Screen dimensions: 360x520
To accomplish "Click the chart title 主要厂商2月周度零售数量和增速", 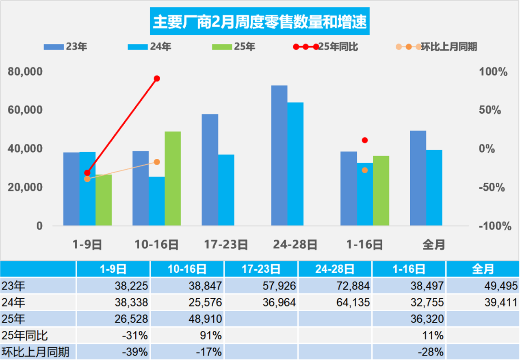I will click(x=260, y=21).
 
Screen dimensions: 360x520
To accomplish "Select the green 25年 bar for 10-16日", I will click(x=173, y=179).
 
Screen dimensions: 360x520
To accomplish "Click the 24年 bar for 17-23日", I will click(x=226, y=190).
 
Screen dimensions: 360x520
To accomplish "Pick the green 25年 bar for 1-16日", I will click(x=381, y=191).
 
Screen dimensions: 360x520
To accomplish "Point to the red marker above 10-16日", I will click(x=157, y=78).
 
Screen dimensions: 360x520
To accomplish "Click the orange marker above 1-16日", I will click(x=365, y=170).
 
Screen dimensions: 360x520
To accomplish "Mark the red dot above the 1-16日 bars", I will click(x=365, y=140).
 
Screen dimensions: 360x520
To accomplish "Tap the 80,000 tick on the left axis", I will click(x=25, y=72).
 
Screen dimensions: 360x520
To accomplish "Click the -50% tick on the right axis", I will click(x=494, y=188).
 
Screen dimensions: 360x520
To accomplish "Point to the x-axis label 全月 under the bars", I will click(x=434, y=245).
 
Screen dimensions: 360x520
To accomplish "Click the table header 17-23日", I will click(x=261, y=269).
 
